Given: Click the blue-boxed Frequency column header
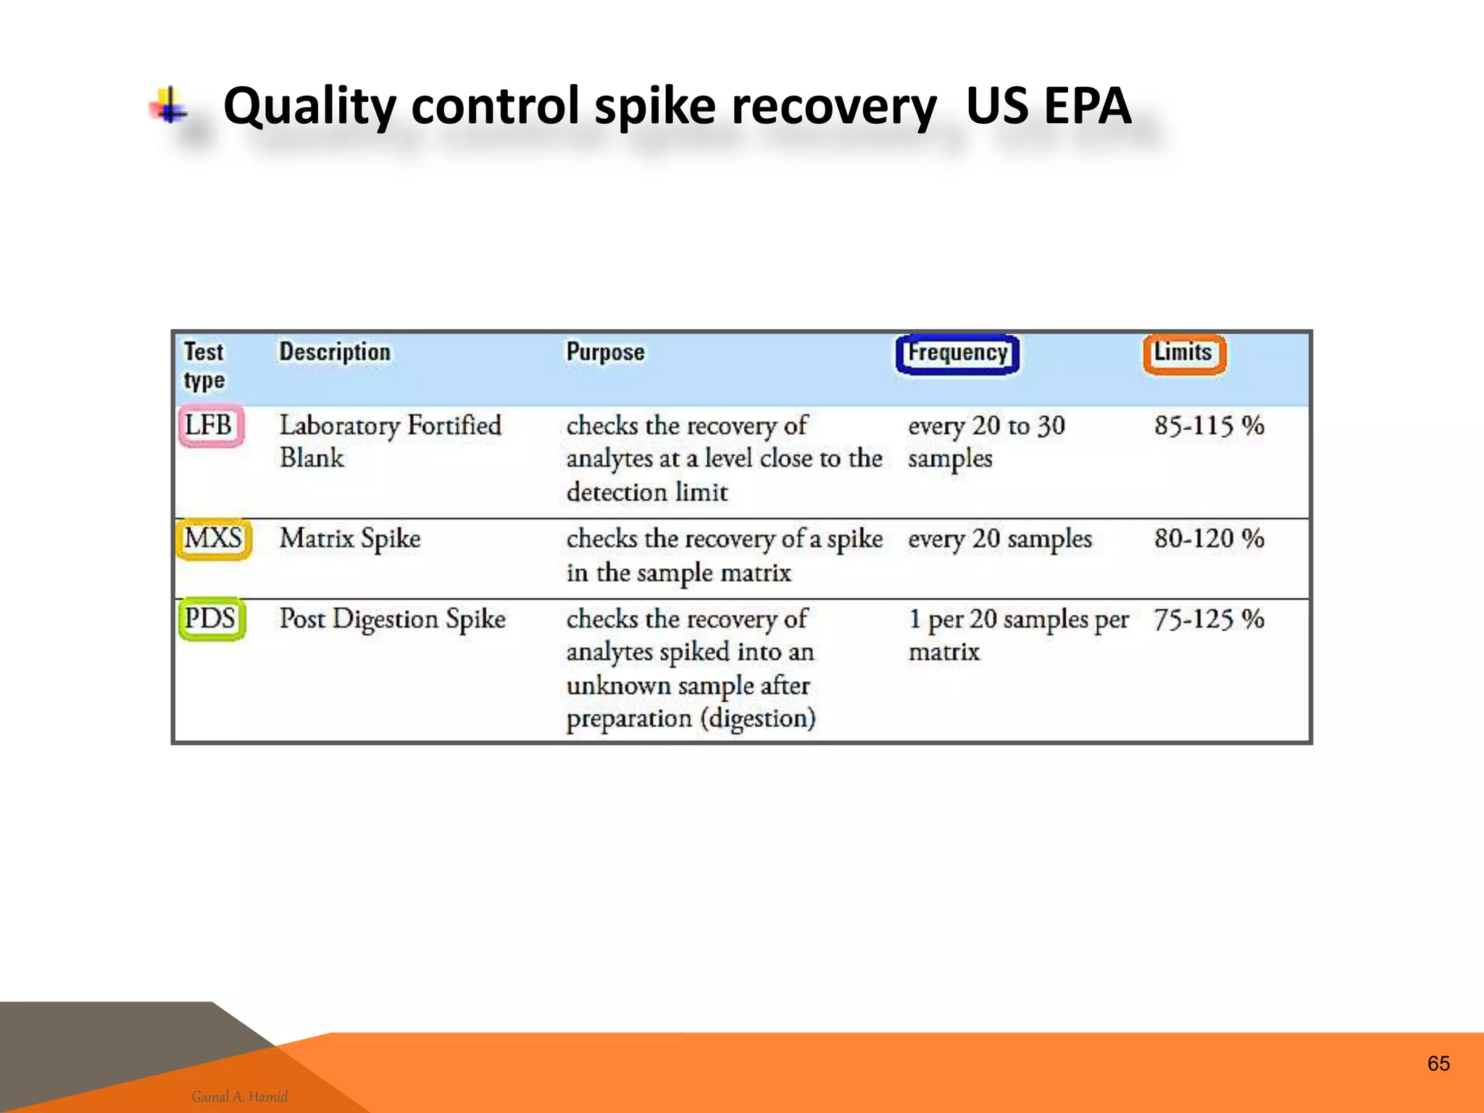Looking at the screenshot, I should [957, 354].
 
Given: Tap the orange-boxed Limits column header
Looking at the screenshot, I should [1184, 354].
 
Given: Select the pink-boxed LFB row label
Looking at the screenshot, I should [210, 425].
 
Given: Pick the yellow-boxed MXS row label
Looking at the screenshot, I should [213, 539].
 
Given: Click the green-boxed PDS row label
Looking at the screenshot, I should [211, 620].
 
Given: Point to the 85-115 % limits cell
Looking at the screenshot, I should [1209, 425].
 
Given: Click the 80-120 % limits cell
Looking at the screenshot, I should [1209, 539].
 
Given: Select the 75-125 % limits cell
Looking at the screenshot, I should [1209, 620].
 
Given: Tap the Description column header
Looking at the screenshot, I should [335, 352].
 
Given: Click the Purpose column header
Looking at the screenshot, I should [605, 352].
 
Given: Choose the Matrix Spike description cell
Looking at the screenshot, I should [350, 539].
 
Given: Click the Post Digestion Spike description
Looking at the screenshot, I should [392, 620].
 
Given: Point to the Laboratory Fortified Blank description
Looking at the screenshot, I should [390, 441].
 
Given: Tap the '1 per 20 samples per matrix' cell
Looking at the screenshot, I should [1017, 635].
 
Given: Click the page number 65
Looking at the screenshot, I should [1438, 1064].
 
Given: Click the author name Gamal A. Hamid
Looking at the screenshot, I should [240, 1096].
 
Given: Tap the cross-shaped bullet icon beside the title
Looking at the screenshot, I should [170, 107].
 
